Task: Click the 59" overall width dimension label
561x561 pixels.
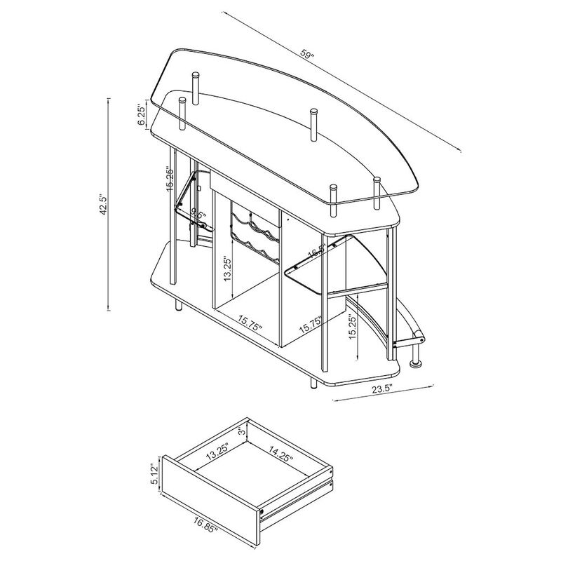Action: tap(308, 54)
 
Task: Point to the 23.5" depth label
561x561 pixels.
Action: tap(382, 389)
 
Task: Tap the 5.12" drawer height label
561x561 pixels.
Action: tap(154, 475)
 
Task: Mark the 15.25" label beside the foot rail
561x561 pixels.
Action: tap(353, 326)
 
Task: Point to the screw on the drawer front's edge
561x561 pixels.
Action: tap(262, 512)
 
